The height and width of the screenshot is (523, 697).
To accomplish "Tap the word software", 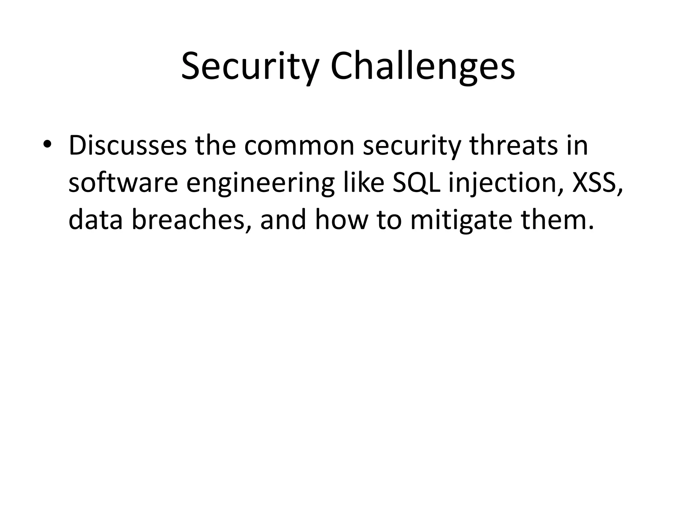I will coord(123,183).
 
